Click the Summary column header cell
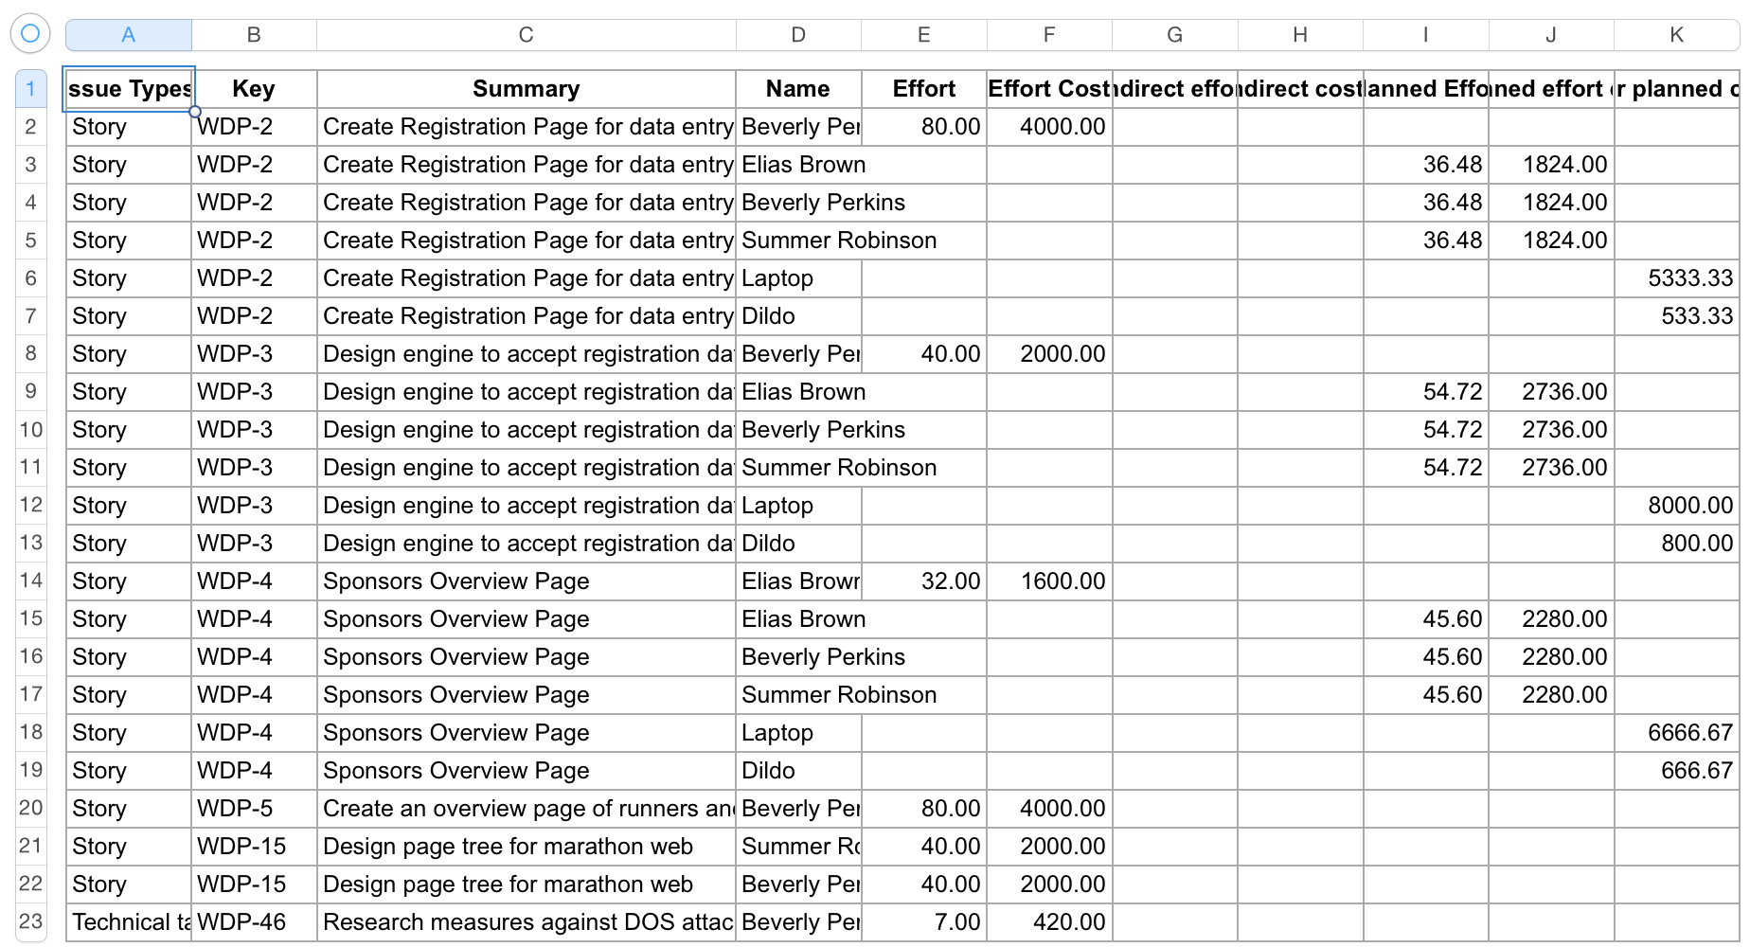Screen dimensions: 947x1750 [x=526, y=89]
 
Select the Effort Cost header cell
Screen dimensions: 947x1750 [x=1048, y=89]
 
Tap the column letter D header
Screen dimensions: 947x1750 [x=798, y=35]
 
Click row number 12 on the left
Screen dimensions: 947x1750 [x=31, y=505]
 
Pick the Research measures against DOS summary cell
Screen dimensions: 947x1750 [x=527, y=922]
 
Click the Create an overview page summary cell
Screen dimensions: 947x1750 [x=527, y=809]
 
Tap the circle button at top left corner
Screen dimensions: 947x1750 [x=30, y=34]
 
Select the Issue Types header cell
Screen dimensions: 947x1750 [x=129, y=89]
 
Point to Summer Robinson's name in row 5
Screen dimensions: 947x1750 [x=839, y=241]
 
